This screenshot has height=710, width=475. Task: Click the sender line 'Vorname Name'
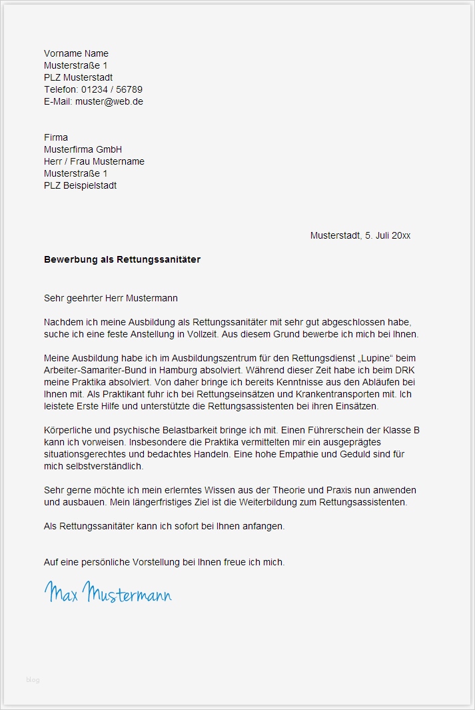click(x=76, y=53)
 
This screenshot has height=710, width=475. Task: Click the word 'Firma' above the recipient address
click(x=56, y=137)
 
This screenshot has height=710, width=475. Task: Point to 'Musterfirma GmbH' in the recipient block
click(x=83, y=149)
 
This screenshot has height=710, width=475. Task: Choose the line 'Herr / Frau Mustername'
click(x=94, y=161)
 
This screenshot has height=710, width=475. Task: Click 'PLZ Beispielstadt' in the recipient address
click(x=80, y=185)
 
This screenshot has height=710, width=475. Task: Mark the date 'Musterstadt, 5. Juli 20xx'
click(x=360, y=235)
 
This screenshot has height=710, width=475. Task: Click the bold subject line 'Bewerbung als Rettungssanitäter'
click(x=122, y=259)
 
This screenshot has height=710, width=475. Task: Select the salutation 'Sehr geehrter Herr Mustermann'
click(x=111, y=298)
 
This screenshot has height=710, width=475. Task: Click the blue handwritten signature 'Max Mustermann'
click(x=108, y=592)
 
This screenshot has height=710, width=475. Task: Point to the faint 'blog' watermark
click(x=33, y=679)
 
